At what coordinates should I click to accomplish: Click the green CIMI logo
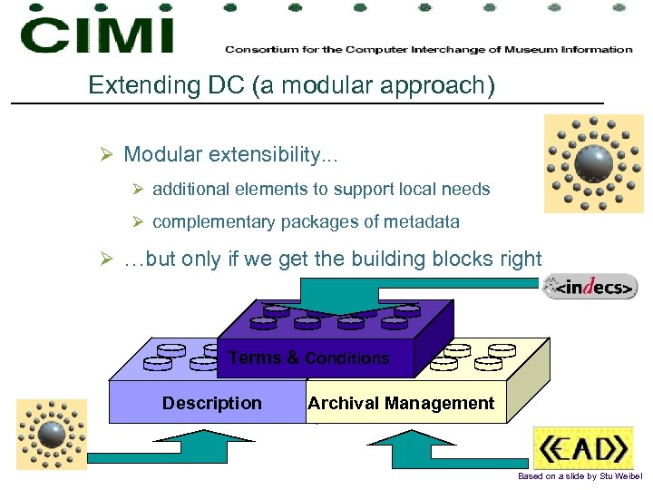coord(97,34)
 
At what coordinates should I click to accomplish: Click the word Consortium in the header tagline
coord(257,49)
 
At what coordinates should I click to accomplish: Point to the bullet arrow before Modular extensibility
coord(106,155)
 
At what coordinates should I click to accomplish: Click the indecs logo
coord(590,288)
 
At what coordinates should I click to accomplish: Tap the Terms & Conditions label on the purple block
coord(308,358)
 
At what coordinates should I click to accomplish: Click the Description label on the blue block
coord(211,403)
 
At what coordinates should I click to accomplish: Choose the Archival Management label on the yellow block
coord(401,403)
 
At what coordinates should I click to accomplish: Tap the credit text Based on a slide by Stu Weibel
coord(579,476)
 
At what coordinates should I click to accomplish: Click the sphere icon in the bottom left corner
coord(52,434)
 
